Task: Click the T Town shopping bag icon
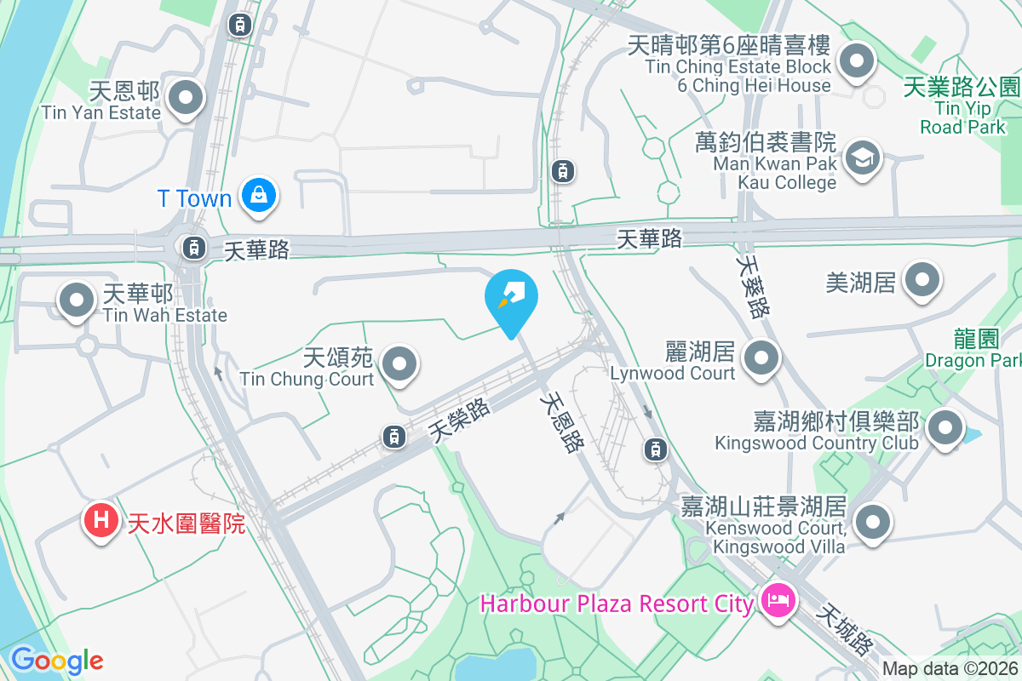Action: pyautogui.click(x=256, y=196)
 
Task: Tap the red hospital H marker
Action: pyautogui.click(x=100, y=518)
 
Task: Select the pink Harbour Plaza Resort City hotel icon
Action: pyautogui.click(x=778, y=602)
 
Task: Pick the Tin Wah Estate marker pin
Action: pyautogui.click(x=77, y=300)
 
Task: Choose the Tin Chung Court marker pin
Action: pyautogui.click(x=399, y=363)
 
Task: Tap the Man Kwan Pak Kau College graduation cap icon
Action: pyautogui.click(x=862, y=157)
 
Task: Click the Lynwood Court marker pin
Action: pyautogui.click(x=761, y=358)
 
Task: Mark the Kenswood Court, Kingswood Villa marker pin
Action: pyautogui.click(x=872, y=522)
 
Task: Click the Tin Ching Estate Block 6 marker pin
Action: pyautogui.click(x=857, y=61)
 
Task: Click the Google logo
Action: pyautogui.click(x=56, y=660)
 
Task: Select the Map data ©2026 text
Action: pyautogui.click(x=950, y=669)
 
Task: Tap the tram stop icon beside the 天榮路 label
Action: pyautogui.click(x=393, y=437)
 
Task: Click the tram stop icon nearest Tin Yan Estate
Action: pyautogui.click(x=239, y=25)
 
